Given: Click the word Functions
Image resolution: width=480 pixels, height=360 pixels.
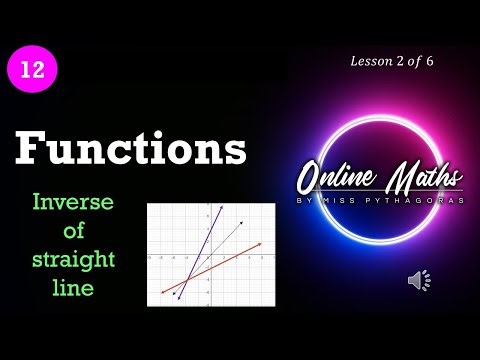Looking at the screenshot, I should click(130, 151).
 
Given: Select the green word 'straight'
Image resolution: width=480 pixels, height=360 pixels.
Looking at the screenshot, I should click(73, 260).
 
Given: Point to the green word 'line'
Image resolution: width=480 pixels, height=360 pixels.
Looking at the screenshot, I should click(73, 288).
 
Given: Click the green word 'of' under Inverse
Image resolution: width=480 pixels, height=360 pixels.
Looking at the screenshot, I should click(73, 232).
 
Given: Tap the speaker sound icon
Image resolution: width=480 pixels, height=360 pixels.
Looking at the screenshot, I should click(418, 280).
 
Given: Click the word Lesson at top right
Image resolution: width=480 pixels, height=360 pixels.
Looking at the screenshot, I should click(371, 61).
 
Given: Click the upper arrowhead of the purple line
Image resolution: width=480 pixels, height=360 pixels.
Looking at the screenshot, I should click(221, 206).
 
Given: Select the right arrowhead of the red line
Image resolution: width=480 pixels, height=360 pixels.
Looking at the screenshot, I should click(262, 243).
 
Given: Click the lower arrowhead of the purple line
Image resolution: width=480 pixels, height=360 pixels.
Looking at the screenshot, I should click(176, 297).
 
